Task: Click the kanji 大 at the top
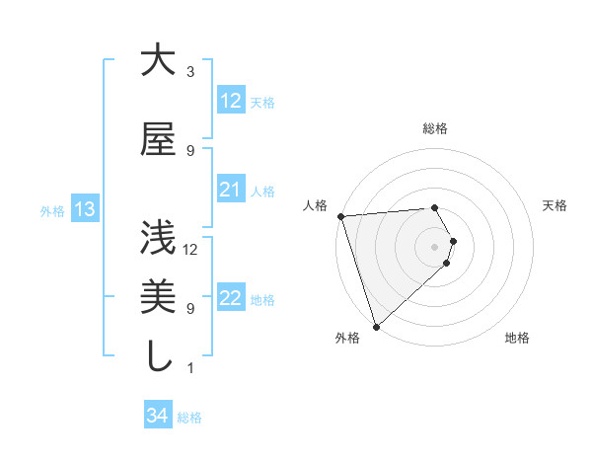158,61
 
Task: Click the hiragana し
158,356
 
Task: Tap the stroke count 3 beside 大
190,72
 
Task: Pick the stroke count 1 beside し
190,368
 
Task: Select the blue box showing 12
230,101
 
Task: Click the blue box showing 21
230,190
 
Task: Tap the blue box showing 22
230,298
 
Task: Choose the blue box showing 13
84,209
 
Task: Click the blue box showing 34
157,417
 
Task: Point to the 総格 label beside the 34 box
189,418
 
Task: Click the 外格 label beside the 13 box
51,210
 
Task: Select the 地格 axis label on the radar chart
517,338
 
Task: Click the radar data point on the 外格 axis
376,326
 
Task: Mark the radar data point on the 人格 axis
339,216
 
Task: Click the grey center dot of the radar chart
434,246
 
